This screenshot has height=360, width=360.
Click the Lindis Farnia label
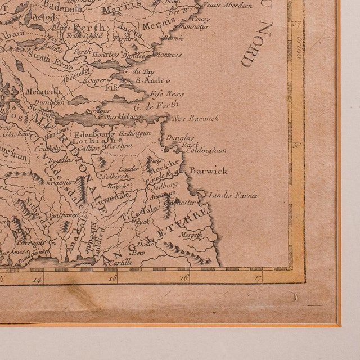[233, 196]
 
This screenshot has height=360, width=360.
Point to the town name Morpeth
[191, 236]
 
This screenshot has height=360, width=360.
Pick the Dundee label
[136, 56]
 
